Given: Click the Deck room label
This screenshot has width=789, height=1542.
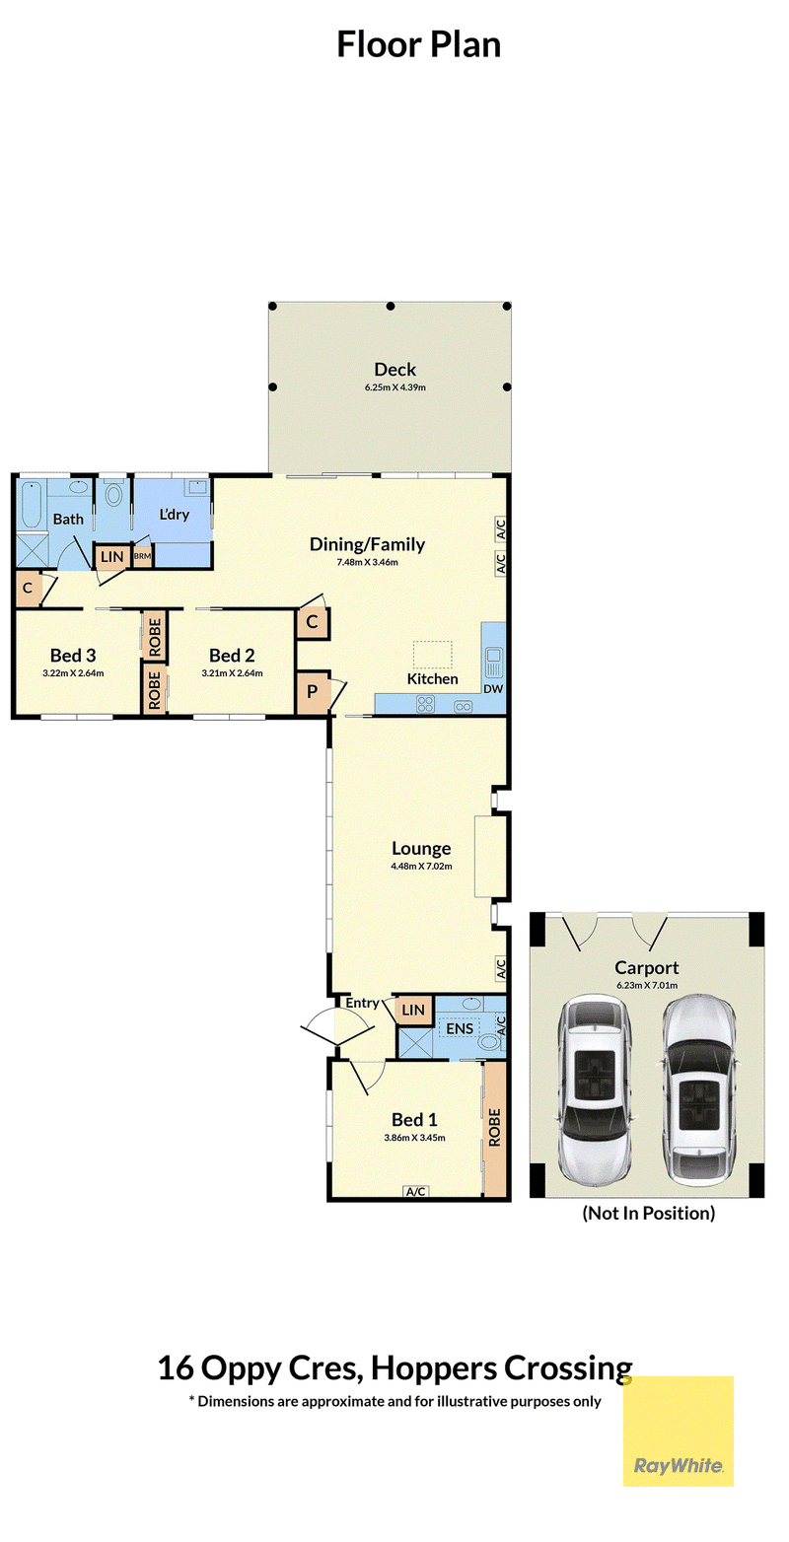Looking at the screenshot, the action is [395, 370].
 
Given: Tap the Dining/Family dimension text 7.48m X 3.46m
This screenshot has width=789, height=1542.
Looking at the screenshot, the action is [367, 562].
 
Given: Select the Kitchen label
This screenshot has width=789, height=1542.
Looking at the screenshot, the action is [432, 678].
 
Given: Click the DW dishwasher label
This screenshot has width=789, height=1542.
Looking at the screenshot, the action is [493, 688].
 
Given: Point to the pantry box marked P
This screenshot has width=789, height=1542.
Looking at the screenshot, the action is [313, 692].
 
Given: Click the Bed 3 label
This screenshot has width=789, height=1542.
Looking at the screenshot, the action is [73, 656].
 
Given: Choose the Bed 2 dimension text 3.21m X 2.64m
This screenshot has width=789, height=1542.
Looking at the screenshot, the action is [232, 673].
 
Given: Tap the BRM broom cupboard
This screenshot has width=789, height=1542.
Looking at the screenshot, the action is [143, 556].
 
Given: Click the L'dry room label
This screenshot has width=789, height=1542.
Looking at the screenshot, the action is [175, 515].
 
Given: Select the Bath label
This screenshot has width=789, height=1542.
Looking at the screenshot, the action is [68, 519].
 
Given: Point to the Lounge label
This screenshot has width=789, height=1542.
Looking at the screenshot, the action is [421, 849].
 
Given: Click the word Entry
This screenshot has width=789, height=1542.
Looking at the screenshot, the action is [362, 1003].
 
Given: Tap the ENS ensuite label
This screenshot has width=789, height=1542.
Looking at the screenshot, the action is [460, 1028].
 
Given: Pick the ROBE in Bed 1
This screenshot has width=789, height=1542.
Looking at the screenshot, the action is [494, 1128].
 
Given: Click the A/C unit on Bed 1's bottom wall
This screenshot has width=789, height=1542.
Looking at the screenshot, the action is [416, 1192].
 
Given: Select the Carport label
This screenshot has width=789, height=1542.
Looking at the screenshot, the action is [646, 968].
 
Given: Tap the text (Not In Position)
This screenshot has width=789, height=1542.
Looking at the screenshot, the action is [649, 1213].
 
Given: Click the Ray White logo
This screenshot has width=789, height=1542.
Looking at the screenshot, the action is [679, 1431].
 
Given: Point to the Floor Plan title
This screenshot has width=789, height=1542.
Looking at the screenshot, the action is [418, 44].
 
